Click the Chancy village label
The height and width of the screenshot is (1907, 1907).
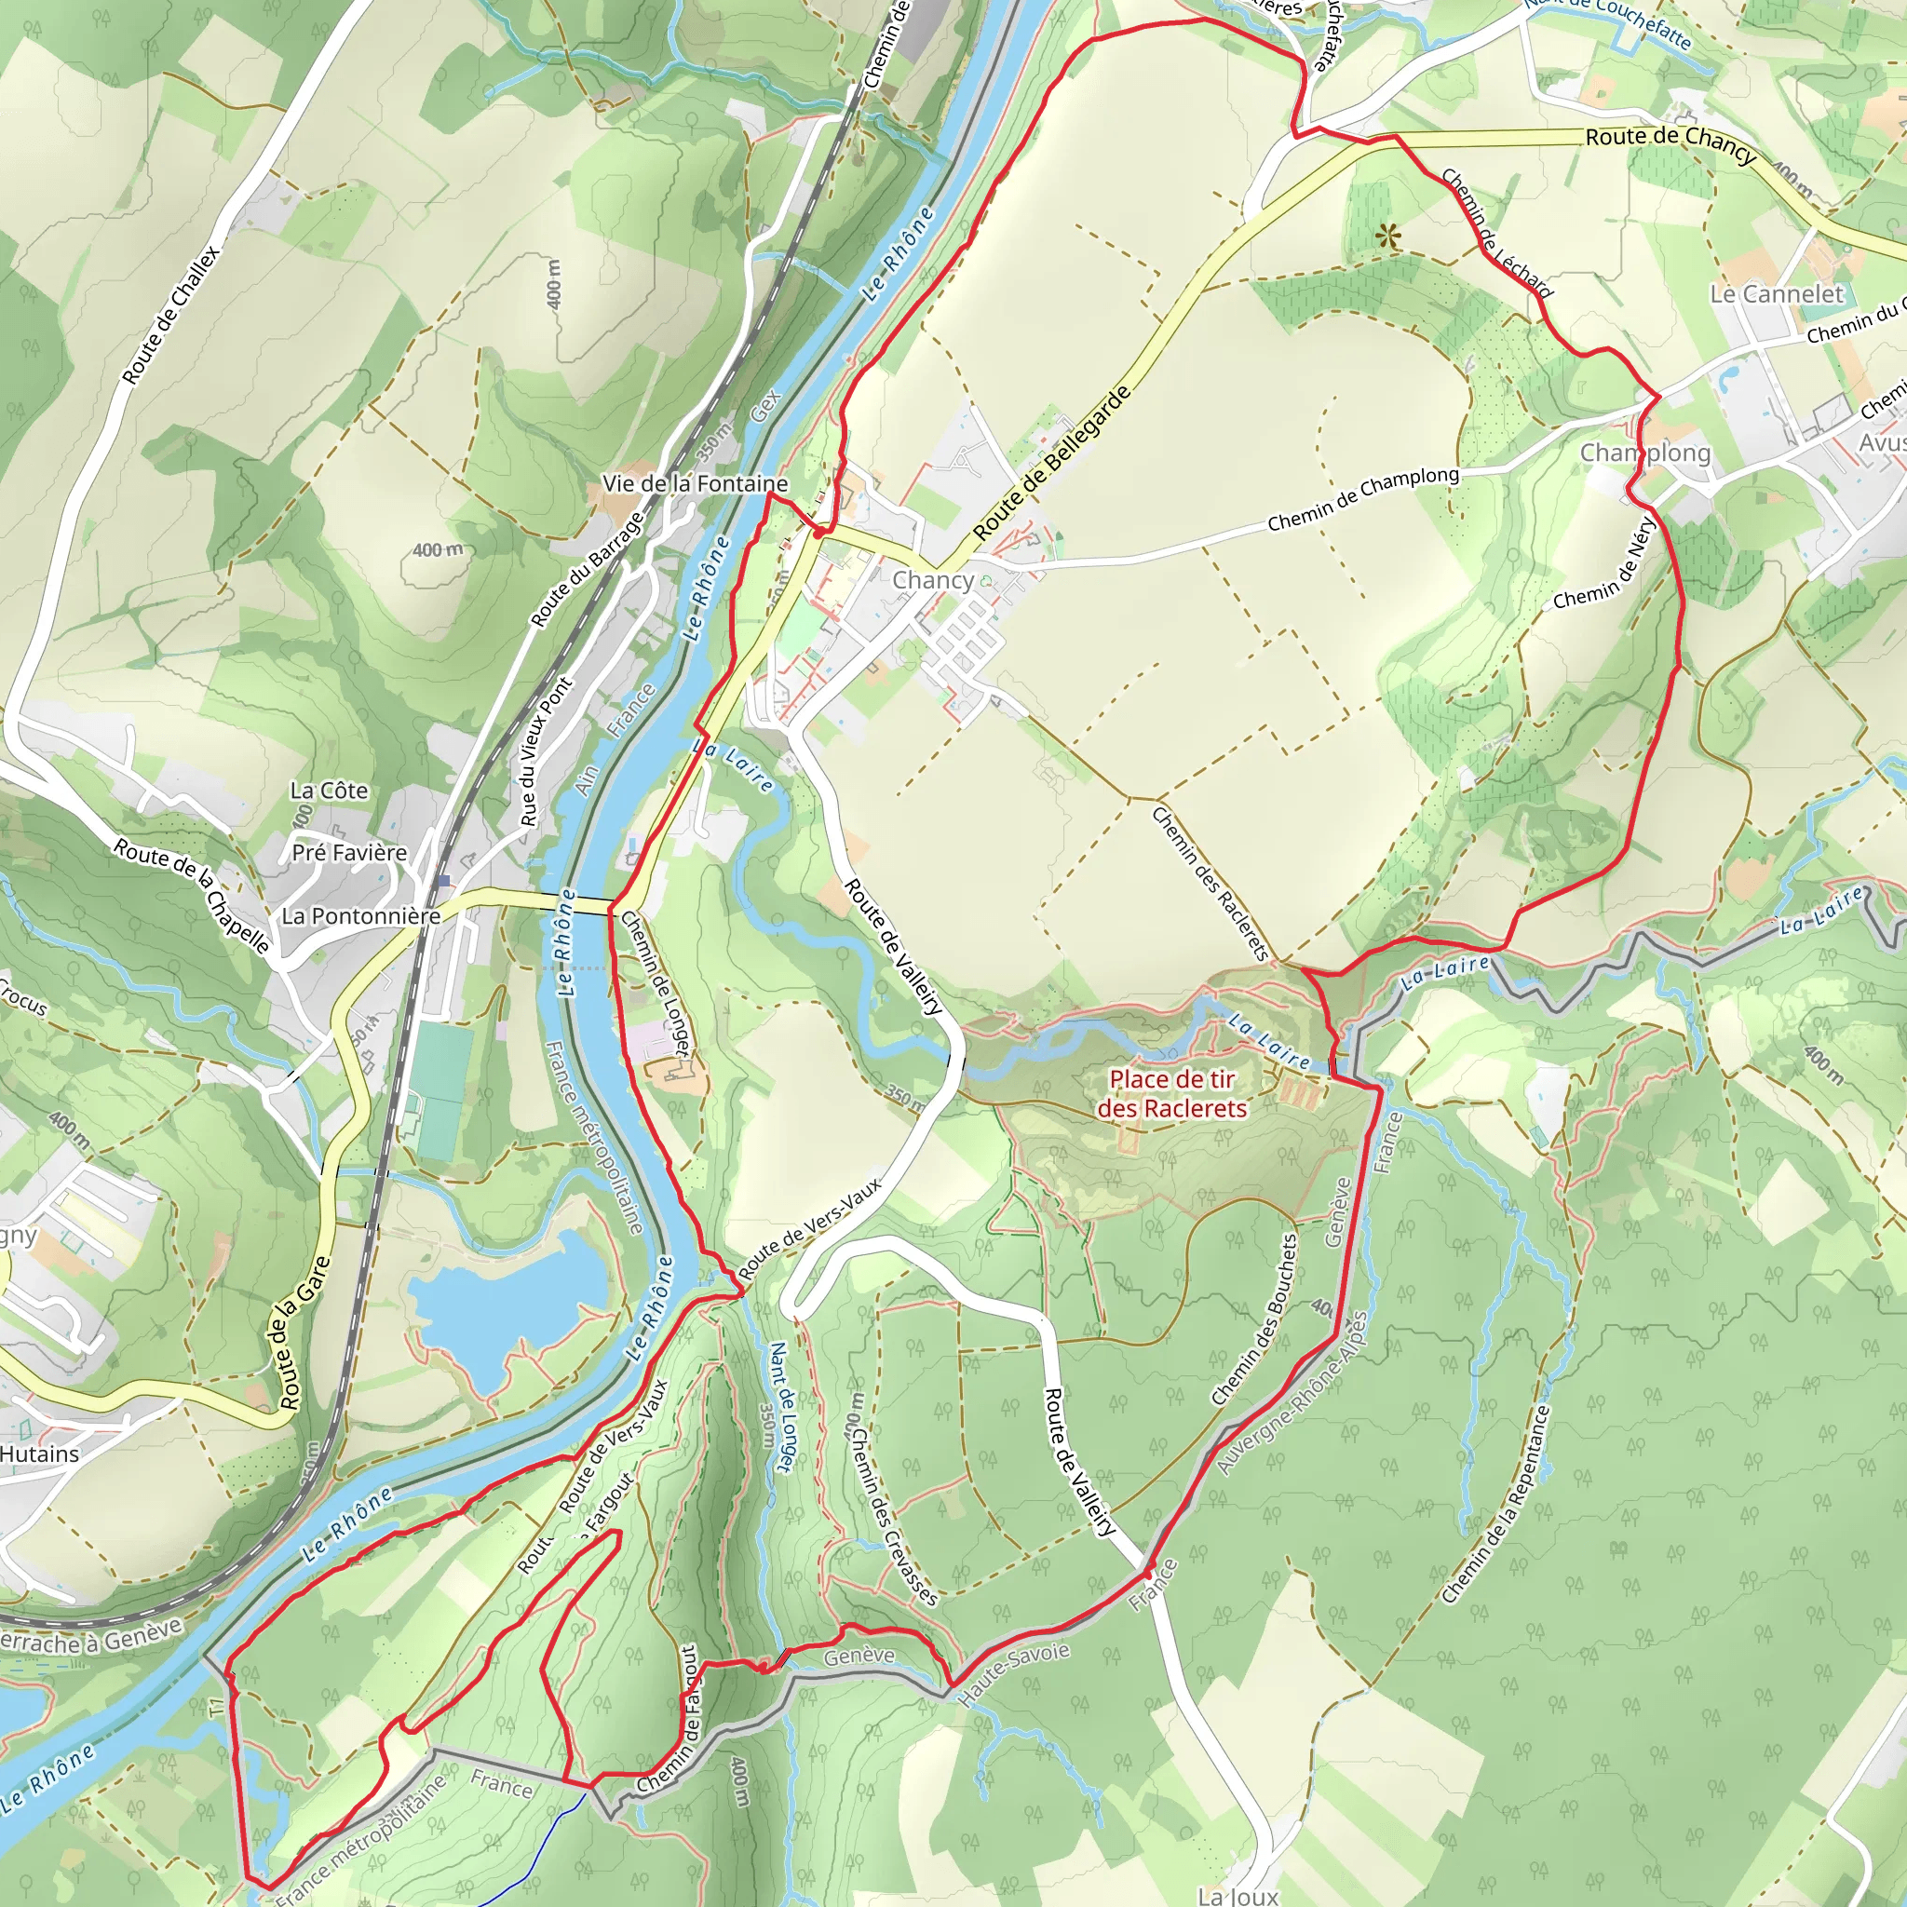click(933, 580)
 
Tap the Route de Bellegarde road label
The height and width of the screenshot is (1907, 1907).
click(1052, 463)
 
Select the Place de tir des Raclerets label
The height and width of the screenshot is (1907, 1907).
click(1171, 1094)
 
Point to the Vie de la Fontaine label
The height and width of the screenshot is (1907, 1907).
click(695, 483)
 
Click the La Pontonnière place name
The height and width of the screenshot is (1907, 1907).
click(361, 916)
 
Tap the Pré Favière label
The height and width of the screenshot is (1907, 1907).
click(349, 852)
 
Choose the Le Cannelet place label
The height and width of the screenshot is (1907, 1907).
click(1777, 294)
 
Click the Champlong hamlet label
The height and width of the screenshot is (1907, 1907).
click(1645, 453)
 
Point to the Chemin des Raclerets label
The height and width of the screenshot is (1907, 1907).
click(1210, 884)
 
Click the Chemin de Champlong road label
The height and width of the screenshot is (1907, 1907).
click(1362, 498)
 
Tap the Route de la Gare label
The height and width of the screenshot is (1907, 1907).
click(304, 1332)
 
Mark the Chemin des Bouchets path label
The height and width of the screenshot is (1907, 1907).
click(1254, 1319)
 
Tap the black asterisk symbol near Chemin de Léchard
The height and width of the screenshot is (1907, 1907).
click(1388, 236)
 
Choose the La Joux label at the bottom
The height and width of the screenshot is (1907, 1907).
click(1238, 1895)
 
